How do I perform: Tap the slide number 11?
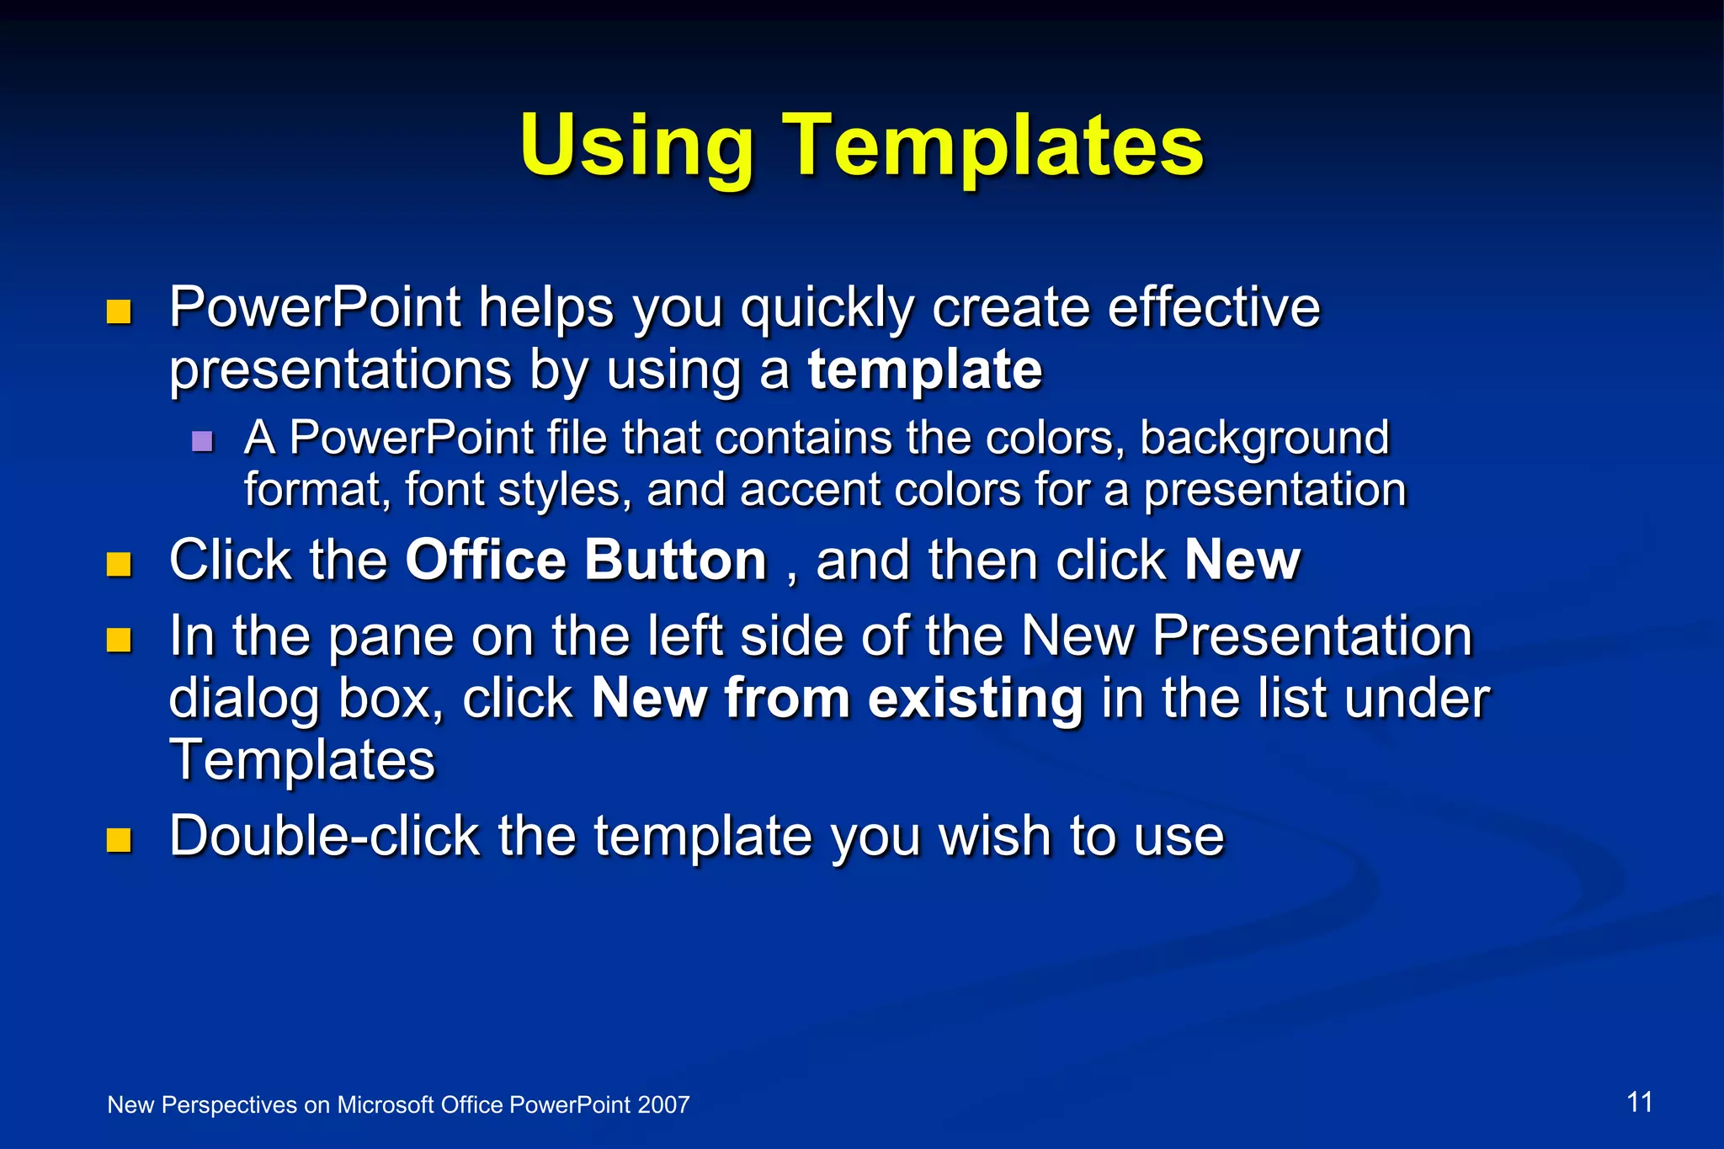coord(1639,1102)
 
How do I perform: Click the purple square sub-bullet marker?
coord(202,441)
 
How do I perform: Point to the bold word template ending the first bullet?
coord(924,370)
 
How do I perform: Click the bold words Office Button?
coord(586,560)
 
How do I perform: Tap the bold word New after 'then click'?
coord(1242,560)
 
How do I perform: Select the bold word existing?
coord(975,699)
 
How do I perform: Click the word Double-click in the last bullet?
coord(324,836)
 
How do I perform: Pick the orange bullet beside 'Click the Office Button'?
coord(120,564)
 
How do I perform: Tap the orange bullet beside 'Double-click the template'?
coord(120,840)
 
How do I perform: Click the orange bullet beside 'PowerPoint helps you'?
coord(120,312)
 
